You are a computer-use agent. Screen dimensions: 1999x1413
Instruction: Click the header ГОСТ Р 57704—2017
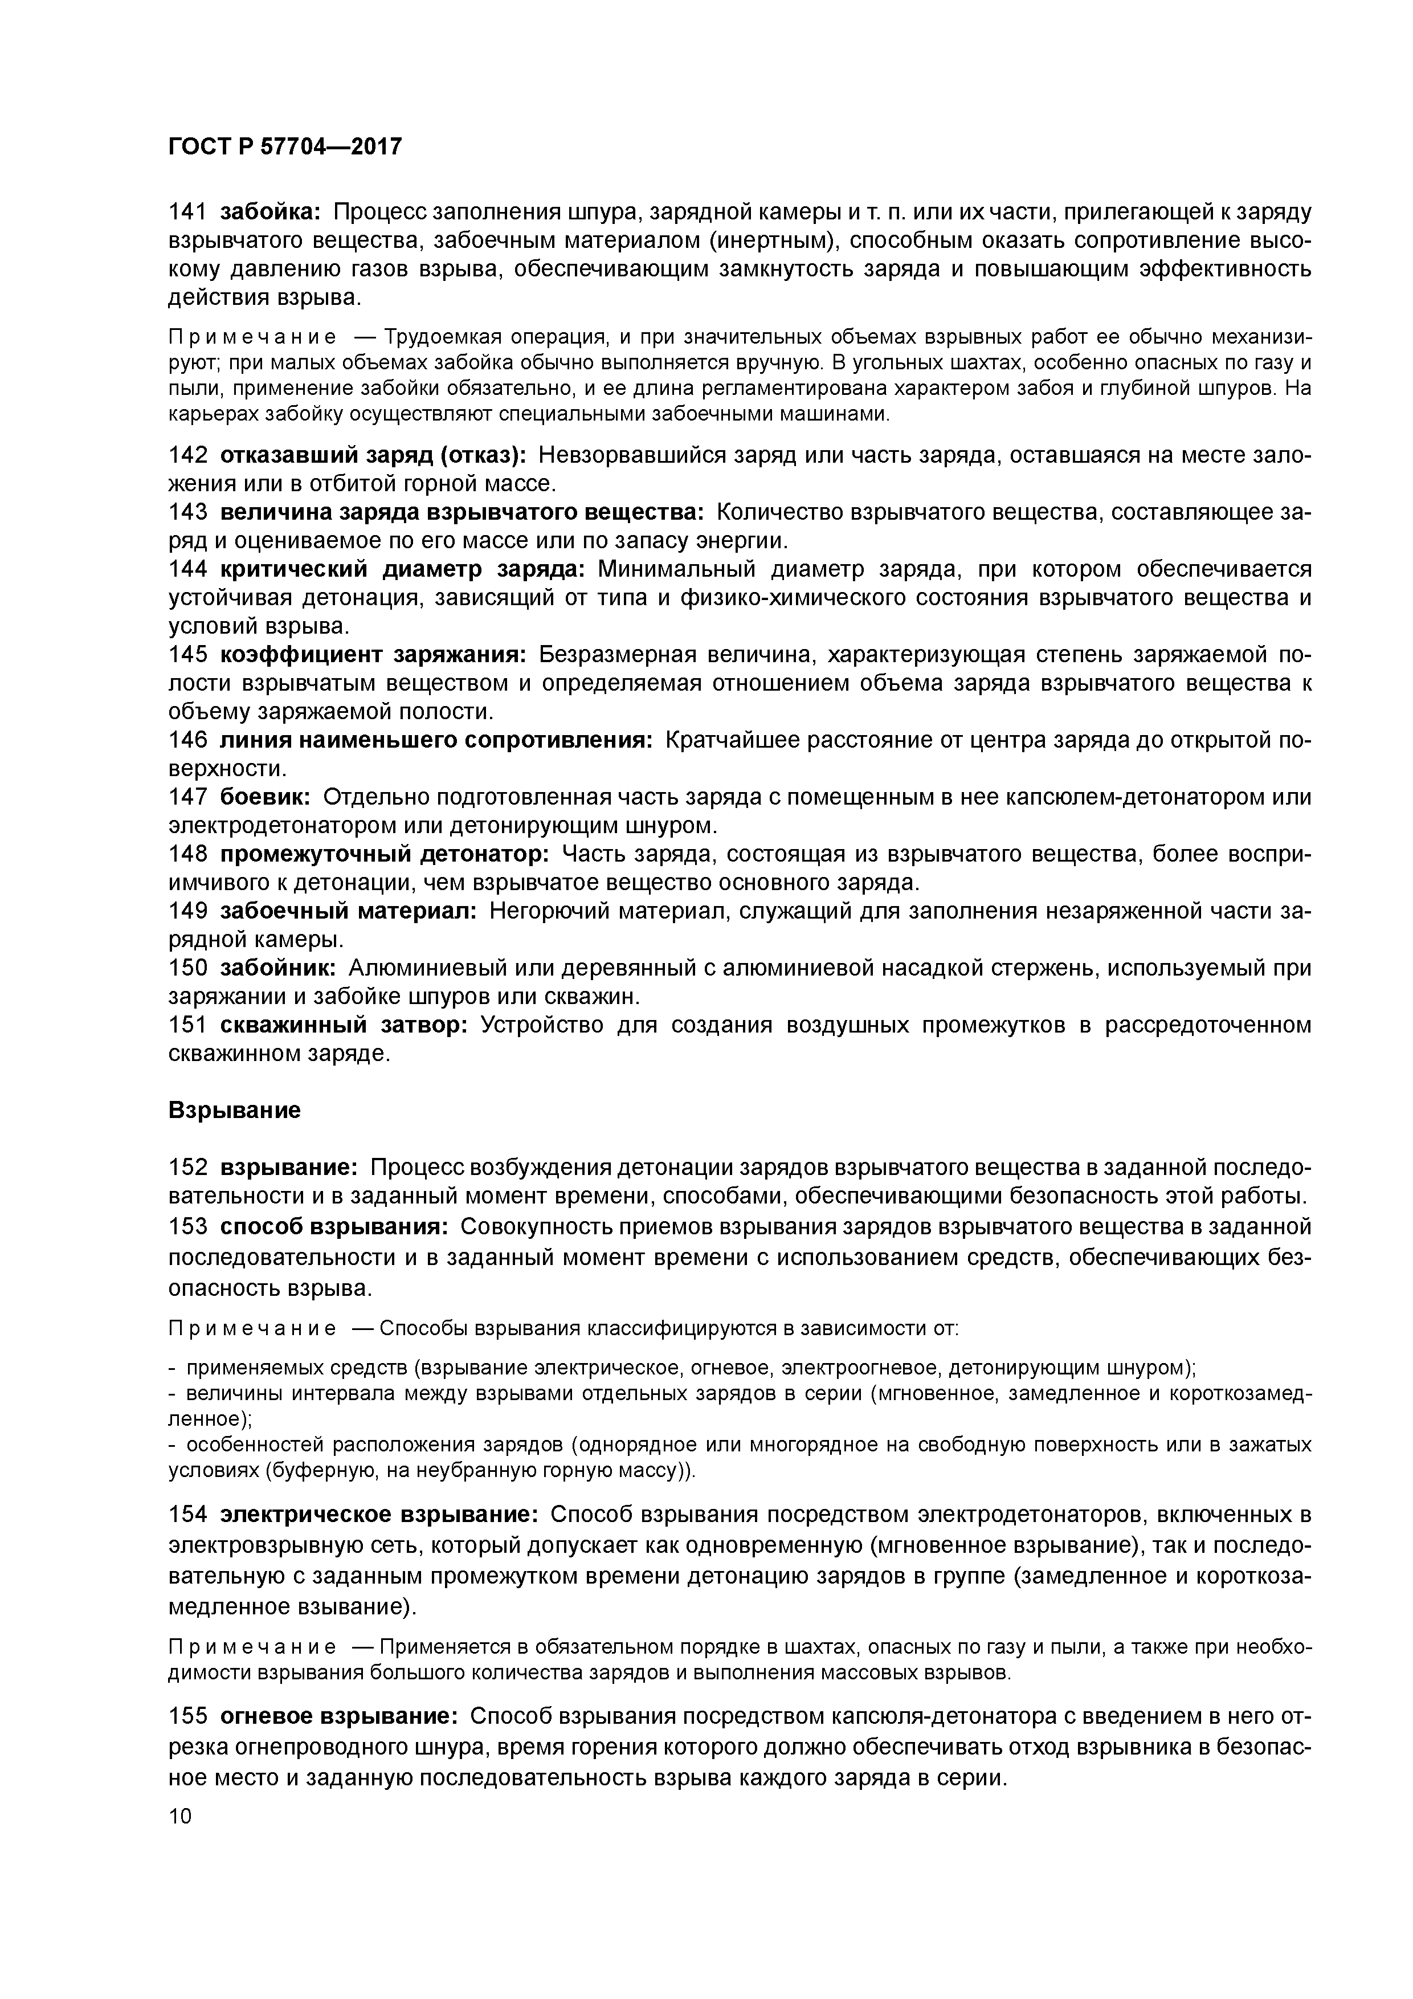[285, 147]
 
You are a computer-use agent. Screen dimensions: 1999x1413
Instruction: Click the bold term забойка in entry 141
[271, 213]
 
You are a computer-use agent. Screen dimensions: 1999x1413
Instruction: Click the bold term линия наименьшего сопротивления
[435, 740]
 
